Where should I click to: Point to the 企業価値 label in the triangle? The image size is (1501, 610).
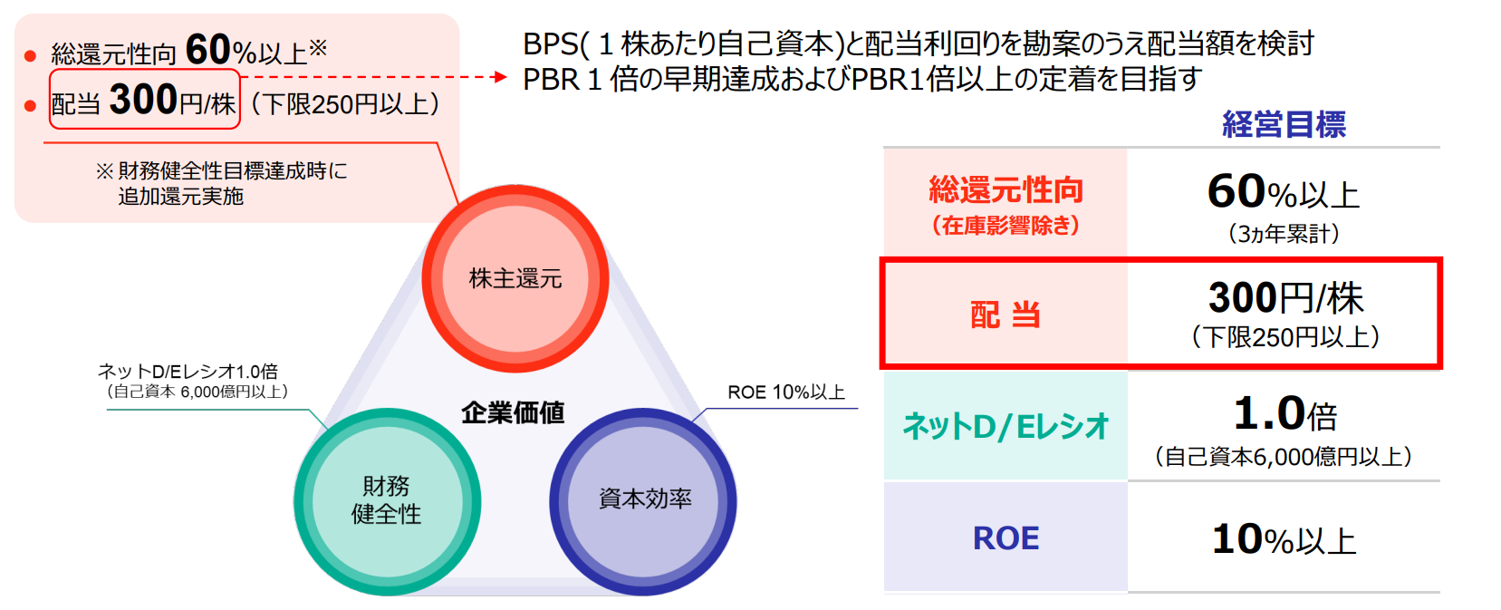coord(514,412)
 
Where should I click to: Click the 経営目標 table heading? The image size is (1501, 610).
coord(1284,124)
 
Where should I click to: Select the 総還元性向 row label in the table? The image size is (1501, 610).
coord(1005,190)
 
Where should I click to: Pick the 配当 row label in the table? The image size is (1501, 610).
coord(1005,315)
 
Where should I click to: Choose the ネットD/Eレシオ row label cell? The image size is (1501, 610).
coord(1005,426)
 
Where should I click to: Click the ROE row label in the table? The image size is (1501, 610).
coord(1005,537)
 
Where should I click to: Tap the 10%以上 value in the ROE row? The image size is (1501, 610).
coord(1284,539)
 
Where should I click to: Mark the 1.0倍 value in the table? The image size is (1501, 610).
coord(1285,413)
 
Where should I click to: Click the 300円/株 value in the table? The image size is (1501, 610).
coord(1286,297)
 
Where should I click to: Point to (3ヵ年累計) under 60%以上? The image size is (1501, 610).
coord(1284,233)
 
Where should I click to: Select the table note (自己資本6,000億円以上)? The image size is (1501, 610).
coord(1284,457)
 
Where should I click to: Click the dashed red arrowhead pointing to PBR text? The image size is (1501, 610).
coord(499,76)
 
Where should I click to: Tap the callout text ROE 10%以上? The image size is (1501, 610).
coord(786,392)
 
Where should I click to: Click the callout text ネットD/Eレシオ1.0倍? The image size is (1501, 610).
coord(188,371)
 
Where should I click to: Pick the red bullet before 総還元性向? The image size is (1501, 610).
coord(30,55)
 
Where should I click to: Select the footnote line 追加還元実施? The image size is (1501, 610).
coord(181,197)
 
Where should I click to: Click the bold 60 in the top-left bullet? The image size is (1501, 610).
coord(208,50)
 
